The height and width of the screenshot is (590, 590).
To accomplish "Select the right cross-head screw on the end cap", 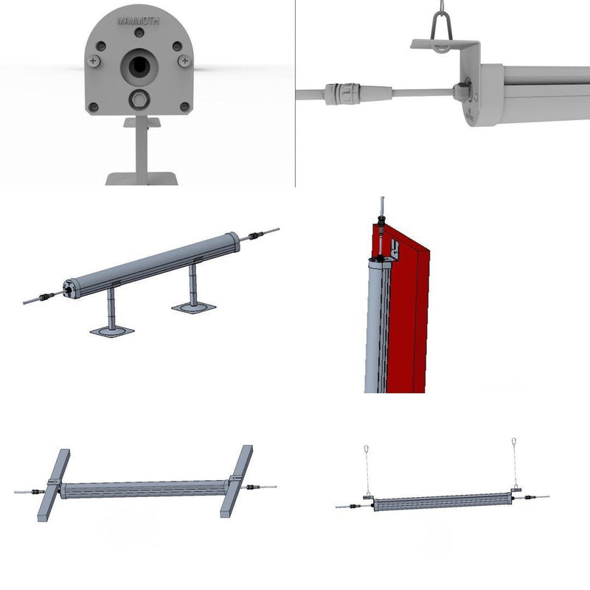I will tap(184, 60).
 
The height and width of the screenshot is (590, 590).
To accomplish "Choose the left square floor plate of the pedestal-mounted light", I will tap(112, 332).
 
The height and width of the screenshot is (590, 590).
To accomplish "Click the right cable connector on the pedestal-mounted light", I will tap(254, 236).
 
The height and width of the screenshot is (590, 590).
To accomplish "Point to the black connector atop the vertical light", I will tap(381, 221).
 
